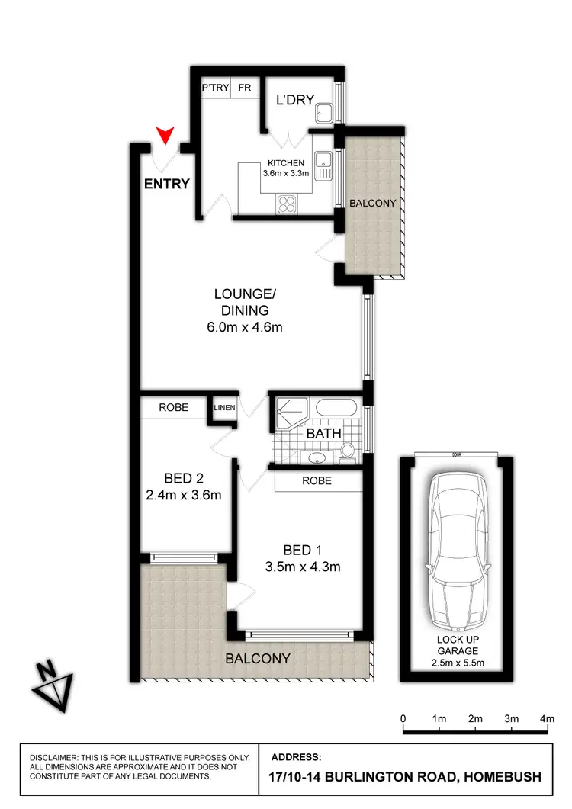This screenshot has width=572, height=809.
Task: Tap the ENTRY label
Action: [x=166, y=184]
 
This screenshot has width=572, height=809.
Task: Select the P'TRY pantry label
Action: [x=214, y=88]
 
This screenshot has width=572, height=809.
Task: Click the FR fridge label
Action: [x=244, y=88]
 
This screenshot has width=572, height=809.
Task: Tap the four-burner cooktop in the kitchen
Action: [x=288, y=204]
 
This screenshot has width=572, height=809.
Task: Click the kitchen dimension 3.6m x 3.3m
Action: [x=286, y=174]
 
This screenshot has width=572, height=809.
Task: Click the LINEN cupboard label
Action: [x=224, y=408]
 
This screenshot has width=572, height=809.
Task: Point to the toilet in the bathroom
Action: [x=347, y=450]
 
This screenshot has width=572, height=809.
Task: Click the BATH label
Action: [x=323, y=434]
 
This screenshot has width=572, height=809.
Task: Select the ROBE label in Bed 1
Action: [x=317, y=481]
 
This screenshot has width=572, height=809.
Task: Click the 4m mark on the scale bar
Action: [x=547, y=718]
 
